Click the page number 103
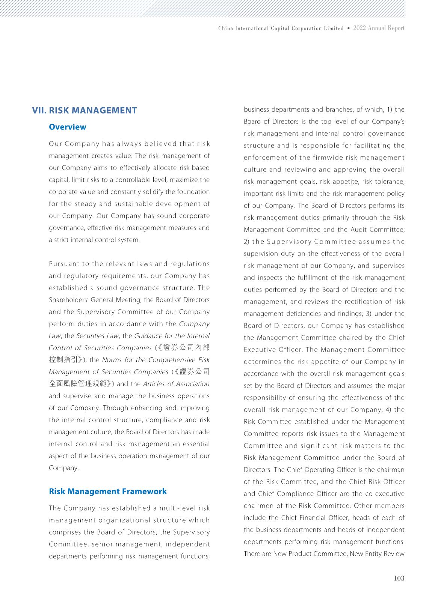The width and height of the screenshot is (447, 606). click(x=399, y=578)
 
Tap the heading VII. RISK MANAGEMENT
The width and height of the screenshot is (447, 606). click(x=85, y=110)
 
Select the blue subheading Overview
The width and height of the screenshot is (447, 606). click(x=68, y=127)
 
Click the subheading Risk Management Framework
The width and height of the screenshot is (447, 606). click(x=108, y=492)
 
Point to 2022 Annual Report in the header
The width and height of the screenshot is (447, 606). click(x=379, y=28)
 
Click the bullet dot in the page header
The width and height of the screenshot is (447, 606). click(x=349, y=28)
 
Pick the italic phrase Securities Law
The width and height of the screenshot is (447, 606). click(x=97, y=336)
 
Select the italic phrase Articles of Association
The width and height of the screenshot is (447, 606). click(x=176, y=384)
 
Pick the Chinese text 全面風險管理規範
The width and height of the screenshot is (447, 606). click(x=81, y=384)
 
